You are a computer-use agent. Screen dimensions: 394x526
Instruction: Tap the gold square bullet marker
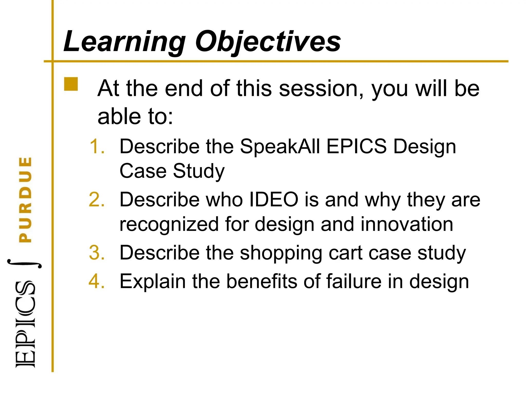click(71, 84)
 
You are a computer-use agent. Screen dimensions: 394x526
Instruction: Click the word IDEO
click(274, 200)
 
